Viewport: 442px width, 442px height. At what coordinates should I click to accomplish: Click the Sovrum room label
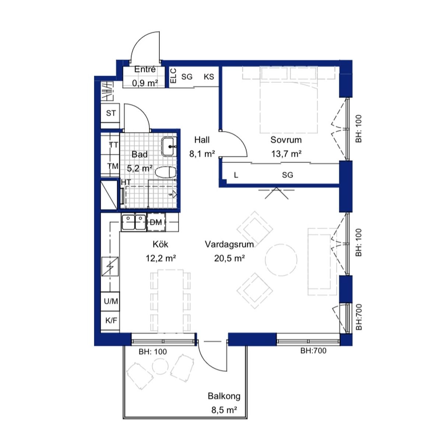pos(286,140)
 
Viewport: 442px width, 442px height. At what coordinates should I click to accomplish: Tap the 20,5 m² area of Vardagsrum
pos(229,259)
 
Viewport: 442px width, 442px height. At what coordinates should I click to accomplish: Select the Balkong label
pos(224,396)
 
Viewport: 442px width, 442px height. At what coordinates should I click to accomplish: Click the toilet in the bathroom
pos(166,172)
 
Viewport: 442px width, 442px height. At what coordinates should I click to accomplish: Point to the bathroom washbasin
pos(169,147)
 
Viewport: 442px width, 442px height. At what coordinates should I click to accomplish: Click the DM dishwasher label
pos(156,222)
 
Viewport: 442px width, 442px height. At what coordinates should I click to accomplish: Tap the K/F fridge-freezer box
pos(110,320)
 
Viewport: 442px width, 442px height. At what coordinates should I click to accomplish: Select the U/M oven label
pos(111,301)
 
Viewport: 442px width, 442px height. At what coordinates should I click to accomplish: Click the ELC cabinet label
pos(173,76)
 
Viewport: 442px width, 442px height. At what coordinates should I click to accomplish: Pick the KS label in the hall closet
pos(209,77)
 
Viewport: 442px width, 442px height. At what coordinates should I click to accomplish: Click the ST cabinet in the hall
pos(110,113)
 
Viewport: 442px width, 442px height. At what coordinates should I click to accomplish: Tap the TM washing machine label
pos(113,166)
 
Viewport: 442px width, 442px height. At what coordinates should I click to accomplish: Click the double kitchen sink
pos(134,222)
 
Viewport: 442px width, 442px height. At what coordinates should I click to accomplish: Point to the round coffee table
pos(281,260)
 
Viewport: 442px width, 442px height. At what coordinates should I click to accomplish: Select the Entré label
pos(145,69)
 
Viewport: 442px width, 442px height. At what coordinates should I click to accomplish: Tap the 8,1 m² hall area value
pos(202,154)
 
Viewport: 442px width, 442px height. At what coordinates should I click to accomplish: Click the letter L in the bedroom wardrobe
pos(236,175)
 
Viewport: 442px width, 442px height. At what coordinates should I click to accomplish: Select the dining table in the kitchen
pos(170,301)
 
